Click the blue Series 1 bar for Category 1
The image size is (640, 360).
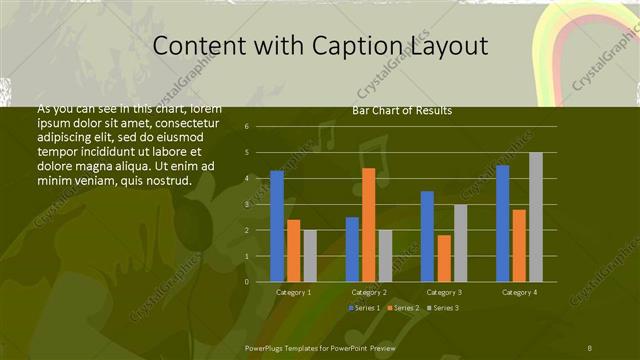point(277,226)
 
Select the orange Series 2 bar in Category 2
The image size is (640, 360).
point(369,224)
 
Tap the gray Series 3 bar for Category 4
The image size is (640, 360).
point(536,217)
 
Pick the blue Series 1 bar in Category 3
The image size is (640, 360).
point(427,236)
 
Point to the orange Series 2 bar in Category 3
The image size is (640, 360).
point(444,258)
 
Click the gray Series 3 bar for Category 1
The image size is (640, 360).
point(310,256)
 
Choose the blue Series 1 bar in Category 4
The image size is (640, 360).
point(502,223)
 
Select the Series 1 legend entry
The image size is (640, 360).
point(365,307)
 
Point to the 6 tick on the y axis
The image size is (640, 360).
point(247,127)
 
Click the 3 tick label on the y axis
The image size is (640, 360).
point(247,204)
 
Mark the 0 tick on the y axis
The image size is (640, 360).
point(247,281)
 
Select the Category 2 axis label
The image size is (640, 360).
point(369,292)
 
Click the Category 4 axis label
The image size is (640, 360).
point(519,292)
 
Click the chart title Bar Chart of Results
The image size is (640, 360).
point(402,110)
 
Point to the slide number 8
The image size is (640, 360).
point(589,346)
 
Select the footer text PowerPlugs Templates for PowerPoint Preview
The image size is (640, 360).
point(320,346)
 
